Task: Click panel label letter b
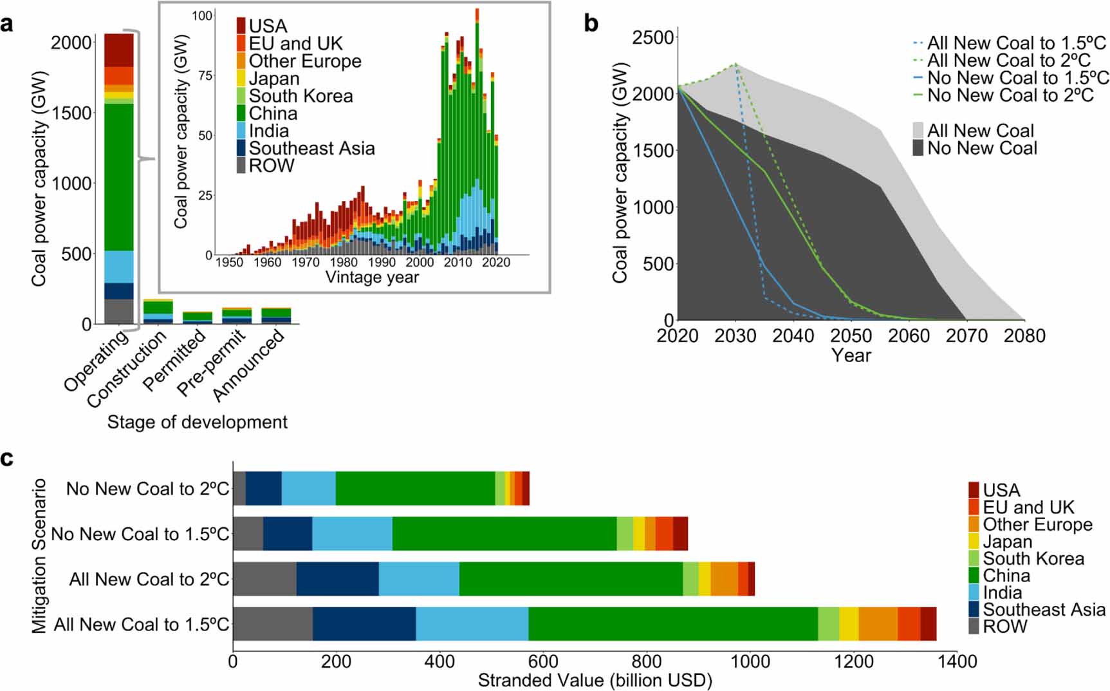[591, 24]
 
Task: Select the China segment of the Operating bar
[119, 177]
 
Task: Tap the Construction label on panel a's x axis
[127, 368]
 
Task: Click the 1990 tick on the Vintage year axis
[382, 263]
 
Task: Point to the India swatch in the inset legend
[241, 131]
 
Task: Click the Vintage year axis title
[372, 278]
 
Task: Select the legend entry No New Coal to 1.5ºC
[1017, 78]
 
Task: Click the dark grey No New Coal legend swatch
[918, 148]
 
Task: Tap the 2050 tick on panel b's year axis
[851, 336]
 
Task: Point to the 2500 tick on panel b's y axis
[652, 37]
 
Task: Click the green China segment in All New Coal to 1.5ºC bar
[672, 623]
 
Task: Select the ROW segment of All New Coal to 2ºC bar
[264, 578]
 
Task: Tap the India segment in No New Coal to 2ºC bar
[308, 488]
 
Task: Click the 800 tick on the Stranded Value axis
[646, 662]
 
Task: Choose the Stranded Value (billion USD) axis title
[595, 681]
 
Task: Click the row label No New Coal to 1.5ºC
[140, 534]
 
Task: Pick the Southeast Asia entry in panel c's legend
[1043, 609]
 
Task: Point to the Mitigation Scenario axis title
[39, 555]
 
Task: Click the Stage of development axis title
[197, 422]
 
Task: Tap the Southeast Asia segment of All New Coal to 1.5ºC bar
[364, 623]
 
